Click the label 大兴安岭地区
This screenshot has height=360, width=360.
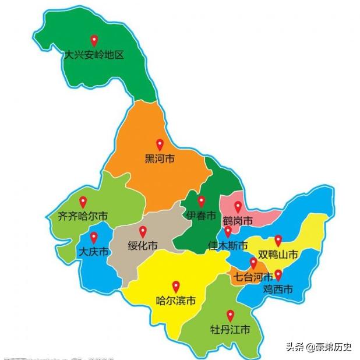pos(94,57)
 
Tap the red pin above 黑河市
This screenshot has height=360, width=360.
pos(160,145)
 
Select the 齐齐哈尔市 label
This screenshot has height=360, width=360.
pos(83,216)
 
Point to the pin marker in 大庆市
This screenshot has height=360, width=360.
pos(93,237)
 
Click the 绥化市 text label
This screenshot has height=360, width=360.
pos(143,246)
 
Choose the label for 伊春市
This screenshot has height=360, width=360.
pos(201,216)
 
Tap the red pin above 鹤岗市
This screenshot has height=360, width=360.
pos(238,206)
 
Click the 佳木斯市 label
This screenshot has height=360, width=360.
pos(228,246)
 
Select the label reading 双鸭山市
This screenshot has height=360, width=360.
pos(278,255)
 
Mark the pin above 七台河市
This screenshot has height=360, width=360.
pos(253,263)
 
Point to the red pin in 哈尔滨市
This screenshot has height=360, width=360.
pos(176,287)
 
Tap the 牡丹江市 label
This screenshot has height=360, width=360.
pos(230,330)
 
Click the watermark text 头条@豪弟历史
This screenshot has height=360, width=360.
pos(318,347)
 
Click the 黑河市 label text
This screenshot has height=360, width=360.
pos(160,158)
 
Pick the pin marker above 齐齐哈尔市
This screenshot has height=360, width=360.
pos(83,202)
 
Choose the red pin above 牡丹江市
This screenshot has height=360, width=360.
pos(230,315)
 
